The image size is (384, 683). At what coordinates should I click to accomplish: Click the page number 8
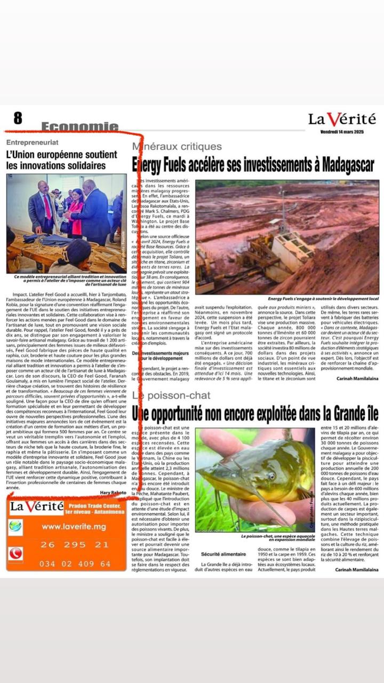coord(18,118)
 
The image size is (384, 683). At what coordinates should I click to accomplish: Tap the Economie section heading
coord(80,127)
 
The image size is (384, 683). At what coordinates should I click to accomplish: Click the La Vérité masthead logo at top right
coord(342,119)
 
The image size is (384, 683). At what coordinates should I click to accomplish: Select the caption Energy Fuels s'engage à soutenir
coord(323,299)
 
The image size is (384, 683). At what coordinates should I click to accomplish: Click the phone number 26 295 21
coord(75,545)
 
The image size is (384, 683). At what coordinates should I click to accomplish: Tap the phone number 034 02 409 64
coord(75,563)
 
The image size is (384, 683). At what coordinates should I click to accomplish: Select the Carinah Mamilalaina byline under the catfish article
coord(357,569)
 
